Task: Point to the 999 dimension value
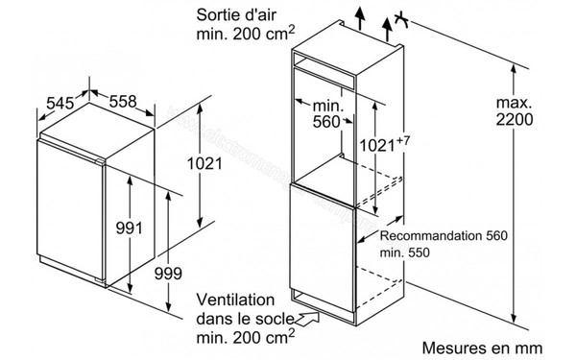[x=167, y=272]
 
